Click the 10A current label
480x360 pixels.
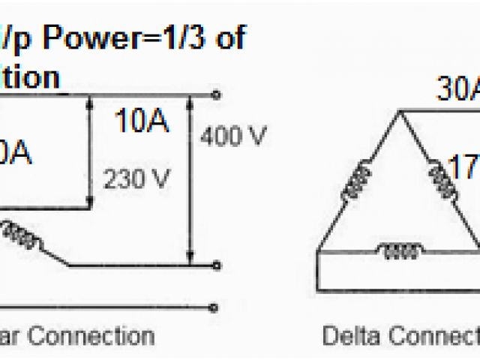(x=141, y=121)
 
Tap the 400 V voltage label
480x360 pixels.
(x=233, y=136)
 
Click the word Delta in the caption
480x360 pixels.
(x=349, y=335)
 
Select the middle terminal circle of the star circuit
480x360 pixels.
(x=217, y=265)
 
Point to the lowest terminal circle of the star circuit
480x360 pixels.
(x=217, y=307)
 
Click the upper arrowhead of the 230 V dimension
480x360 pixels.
(x=91, y=100)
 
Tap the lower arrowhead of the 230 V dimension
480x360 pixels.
(x=91, y=203)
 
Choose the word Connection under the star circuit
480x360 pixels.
(x=102, y=335)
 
